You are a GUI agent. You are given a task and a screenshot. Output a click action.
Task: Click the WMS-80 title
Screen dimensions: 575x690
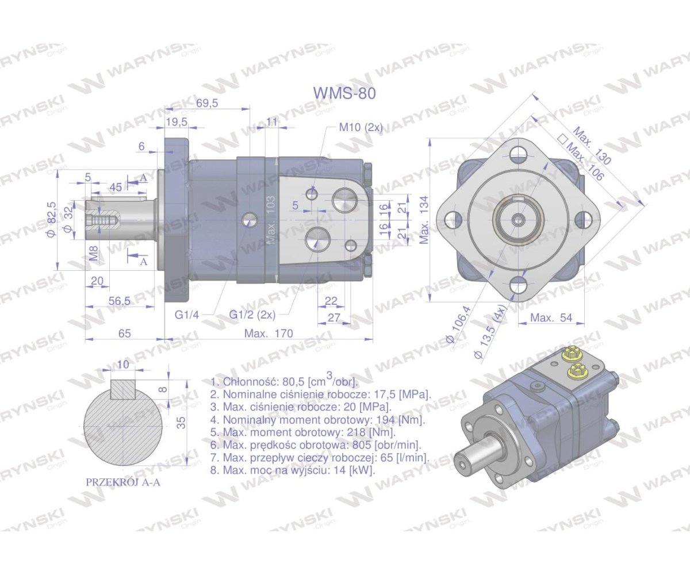point(344,93)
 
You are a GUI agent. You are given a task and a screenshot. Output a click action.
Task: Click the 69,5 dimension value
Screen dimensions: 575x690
point(207,103)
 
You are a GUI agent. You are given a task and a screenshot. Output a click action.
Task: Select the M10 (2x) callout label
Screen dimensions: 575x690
point(361,127)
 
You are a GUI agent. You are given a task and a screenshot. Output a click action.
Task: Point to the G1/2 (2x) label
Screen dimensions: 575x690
point(252,315)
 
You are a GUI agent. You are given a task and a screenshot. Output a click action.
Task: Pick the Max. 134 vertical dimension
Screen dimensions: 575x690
point(424,220)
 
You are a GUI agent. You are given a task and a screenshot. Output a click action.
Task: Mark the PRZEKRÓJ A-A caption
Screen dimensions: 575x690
point(123,482)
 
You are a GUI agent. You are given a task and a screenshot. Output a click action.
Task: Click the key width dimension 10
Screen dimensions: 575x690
point(123,365)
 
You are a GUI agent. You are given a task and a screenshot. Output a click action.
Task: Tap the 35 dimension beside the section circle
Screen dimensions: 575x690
point(181,423)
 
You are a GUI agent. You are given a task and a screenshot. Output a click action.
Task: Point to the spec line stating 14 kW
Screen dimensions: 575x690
point(293,470)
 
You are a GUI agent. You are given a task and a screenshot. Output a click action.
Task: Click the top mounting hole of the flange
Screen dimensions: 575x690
point(519,154)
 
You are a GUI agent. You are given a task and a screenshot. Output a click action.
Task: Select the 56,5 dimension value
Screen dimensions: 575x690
point(120,301)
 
